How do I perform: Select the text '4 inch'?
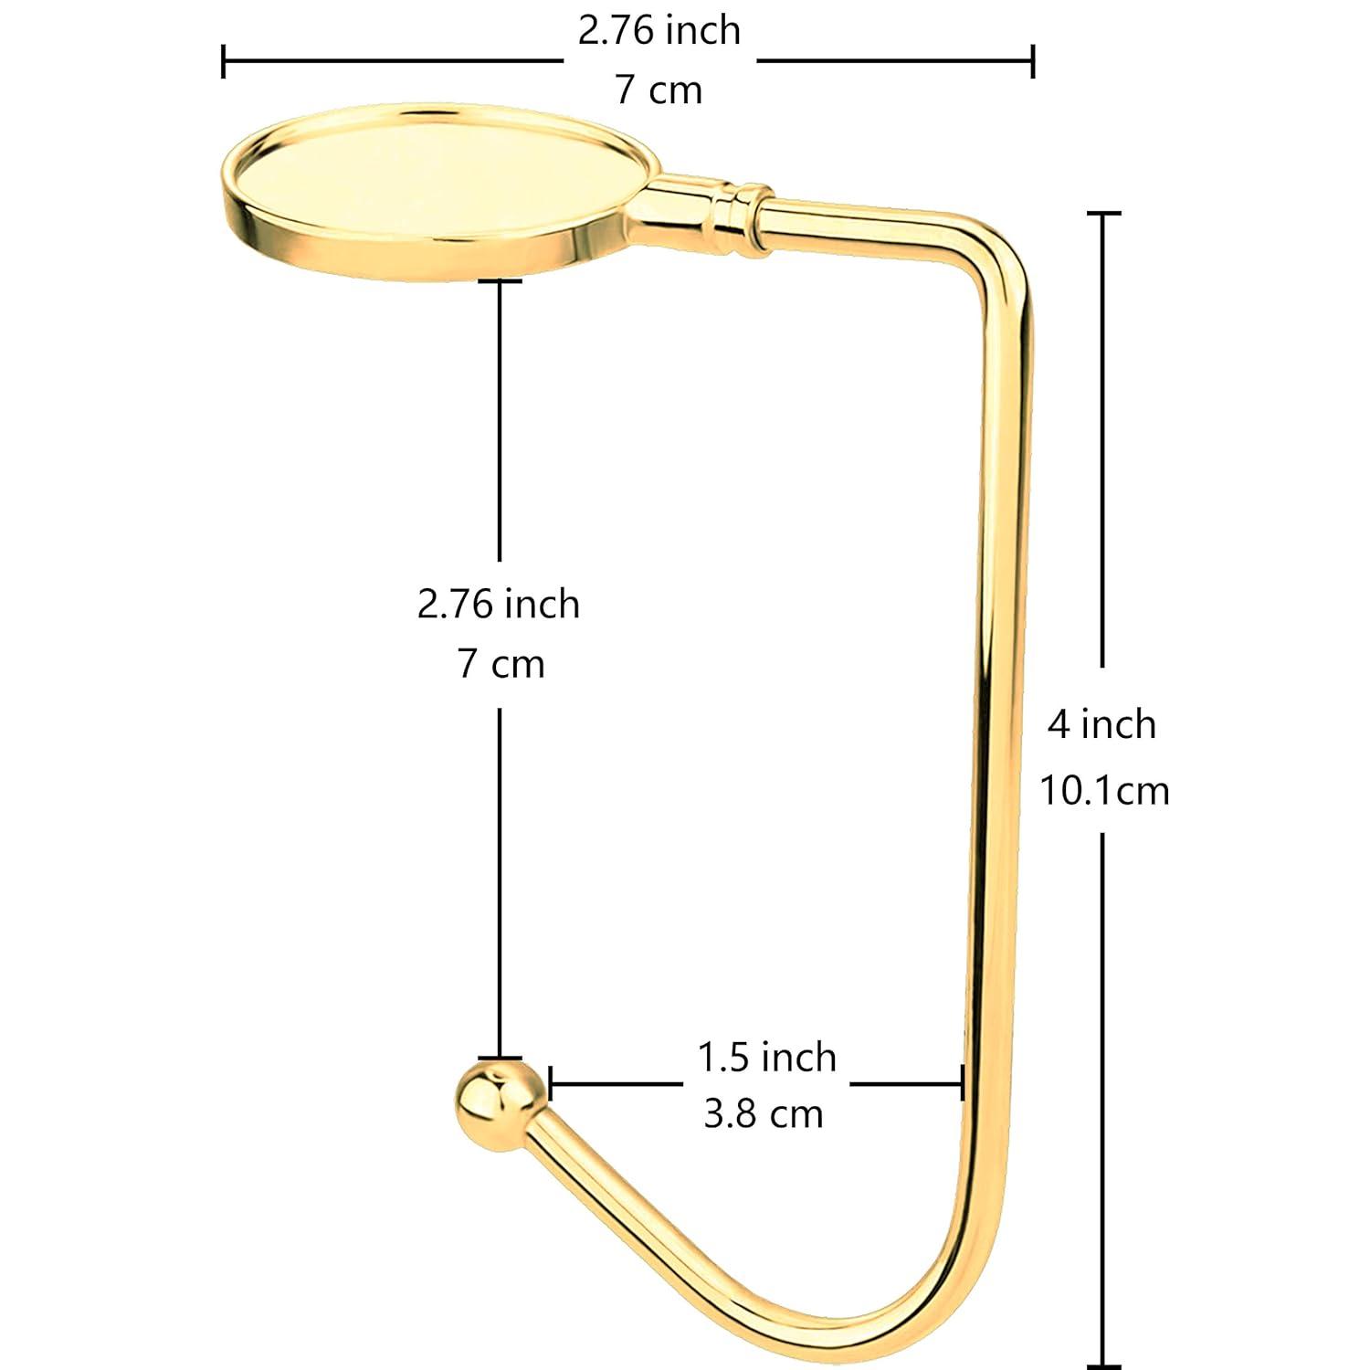point(1101,724)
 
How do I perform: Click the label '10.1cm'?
point(1104,790)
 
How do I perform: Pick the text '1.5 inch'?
point(766,1057)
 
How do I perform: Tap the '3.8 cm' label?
point(764,1114)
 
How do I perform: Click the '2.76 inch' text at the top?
point(659,31)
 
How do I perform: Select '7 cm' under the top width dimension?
point(659,90)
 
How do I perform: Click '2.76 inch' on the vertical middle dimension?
point(499,604)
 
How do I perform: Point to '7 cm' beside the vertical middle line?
point(501,664)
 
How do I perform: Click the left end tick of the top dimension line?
point(224,61)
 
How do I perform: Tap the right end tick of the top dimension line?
point(1032,61)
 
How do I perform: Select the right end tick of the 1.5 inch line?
point(962,1084)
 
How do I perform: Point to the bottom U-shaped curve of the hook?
point(877,1324)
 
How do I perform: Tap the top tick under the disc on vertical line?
point(499,281)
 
